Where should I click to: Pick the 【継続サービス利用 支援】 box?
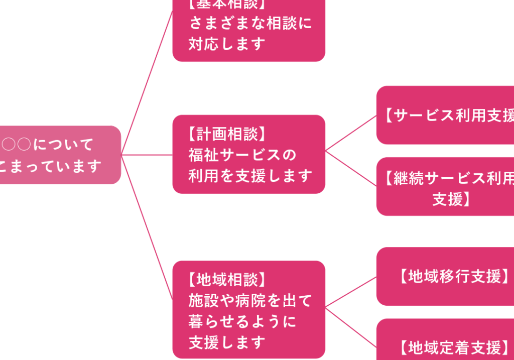pos(447,186)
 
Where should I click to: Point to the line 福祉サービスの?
pos(242,155)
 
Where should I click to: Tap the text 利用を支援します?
pos(250,176)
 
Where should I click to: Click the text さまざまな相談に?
pos(250,23)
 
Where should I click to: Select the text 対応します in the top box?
pos(227,44)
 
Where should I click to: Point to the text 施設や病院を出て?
pos(250,300)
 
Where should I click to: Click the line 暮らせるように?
pos(242,321)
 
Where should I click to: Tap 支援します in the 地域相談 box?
pos(227,342)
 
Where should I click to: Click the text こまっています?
pos(50,166)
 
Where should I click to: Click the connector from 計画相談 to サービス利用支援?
pos(351,133)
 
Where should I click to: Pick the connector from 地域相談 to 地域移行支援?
pos(351,291)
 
